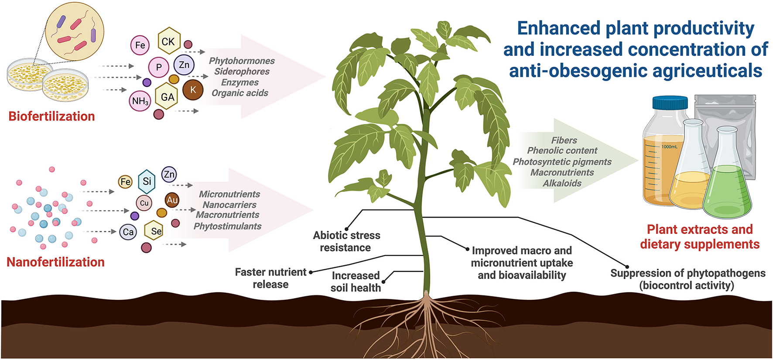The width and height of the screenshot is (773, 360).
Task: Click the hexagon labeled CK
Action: [x=168, y=41]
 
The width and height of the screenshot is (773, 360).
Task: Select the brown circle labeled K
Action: [x=193, y=90]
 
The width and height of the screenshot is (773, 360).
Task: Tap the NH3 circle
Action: [x=140, y=101]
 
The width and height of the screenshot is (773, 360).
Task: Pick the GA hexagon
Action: [x=168, y=97]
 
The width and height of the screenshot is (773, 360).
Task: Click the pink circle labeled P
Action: [x=159, y=67]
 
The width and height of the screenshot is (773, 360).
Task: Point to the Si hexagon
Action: [x=147, y=181]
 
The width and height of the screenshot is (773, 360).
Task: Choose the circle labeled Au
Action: [x=172, y=200]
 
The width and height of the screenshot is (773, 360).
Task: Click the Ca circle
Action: [x=128, y=232]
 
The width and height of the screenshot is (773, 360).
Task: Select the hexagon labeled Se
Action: [x=156, y=231]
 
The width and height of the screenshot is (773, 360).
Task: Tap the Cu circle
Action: [x=144, y=203]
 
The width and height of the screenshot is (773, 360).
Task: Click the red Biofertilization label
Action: [x=51, y=116]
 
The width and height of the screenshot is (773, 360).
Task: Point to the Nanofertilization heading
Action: [x=55, y=262]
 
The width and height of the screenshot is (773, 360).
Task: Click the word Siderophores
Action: [x=242, y=72]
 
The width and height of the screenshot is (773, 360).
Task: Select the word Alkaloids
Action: [x=562, y=183]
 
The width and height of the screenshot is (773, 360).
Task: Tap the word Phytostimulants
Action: [x=227, y=226]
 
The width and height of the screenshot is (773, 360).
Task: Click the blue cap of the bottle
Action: [x=670, y=103]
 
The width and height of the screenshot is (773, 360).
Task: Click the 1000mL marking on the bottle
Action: [x=669, y=147]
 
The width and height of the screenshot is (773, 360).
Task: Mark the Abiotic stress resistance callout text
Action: [x=346, y=241]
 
